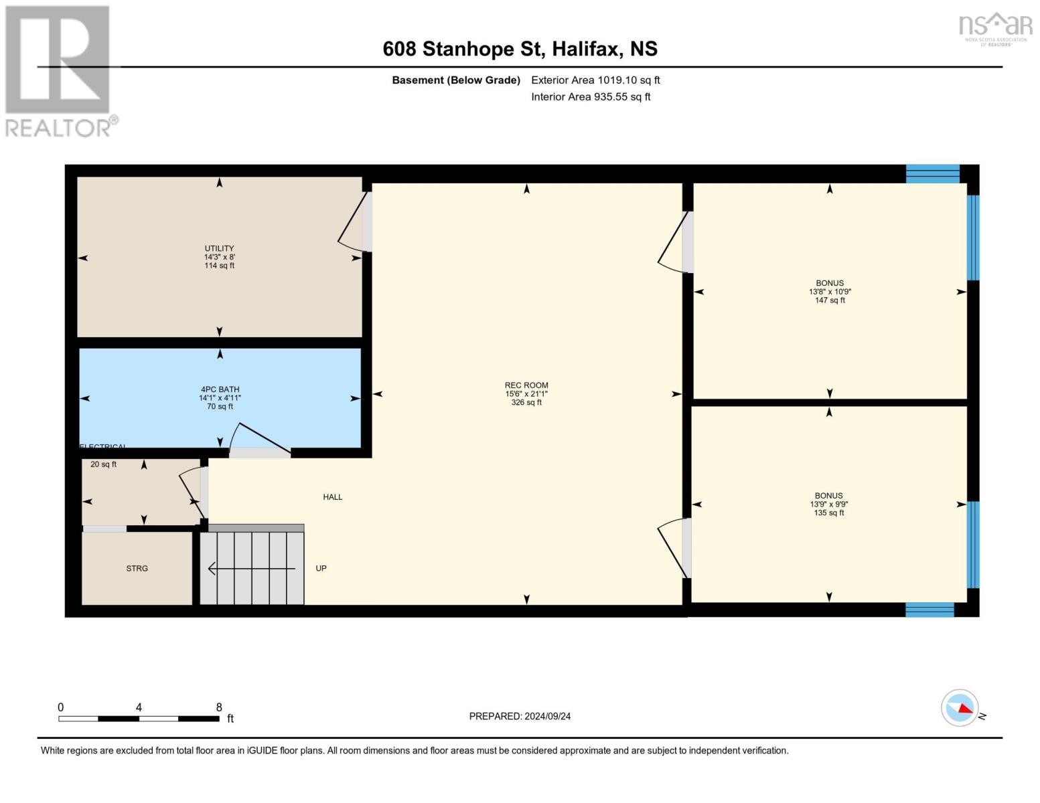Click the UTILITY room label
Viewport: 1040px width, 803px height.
point(219,248)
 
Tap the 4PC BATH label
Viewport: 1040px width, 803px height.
point(220,389)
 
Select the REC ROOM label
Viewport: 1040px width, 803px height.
point(526,385)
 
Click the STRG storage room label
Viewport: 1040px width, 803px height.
point(137,568)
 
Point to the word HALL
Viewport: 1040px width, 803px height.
point(332,497)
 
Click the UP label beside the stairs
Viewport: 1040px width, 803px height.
point(321,568)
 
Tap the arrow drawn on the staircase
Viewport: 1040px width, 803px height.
point(251,569)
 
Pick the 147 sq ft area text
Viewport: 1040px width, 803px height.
point(830,300)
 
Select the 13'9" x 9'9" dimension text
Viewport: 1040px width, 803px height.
point(829,505)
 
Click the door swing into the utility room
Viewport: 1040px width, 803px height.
point(354,224)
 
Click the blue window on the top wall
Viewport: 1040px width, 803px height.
point(932,173)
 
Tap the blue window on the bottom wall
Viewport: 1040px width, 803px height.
point(930,609)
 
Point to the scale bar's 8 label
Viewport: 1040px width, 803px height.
point(219,707)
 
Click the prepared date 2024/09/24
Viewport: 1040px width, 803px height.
point(520,716)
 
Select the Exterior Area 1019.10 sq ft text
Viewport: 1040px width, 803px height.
point(595,80)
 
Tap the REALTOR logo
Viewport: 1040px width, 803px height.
point(59,70)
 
